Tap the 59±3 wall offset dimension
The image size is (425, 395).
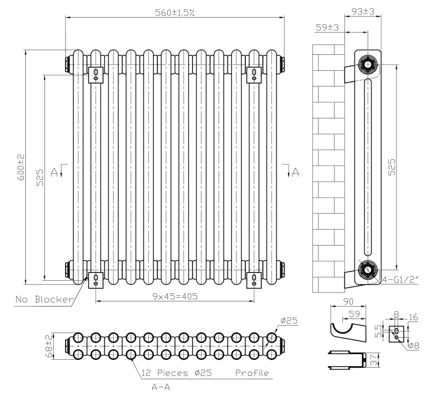click(327, 27)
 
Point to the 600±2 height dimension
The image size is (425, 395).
click(21, 166)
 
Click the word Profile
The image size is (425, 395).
click(251, 373)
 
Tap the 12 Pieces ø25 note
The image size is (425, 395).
click(177, 373)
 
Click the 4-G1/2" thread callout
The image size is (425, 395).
click(397, 281)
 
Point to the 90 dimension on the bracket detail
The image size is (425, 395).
click(348, 301)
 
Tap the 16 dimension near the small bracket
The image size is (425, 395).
click(414, 316)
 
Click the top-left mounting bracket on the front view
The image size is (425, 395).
click(96, 74)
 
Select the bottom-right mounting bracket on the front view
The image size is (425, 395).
click(254, 278)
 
